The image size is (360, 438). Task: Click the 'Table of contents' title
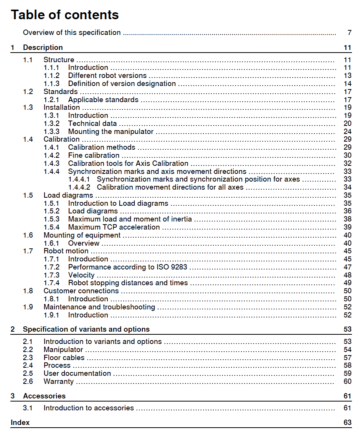click(x=65, y=15)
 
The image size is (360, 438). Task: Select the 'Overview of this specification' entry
click(x=72, y=33)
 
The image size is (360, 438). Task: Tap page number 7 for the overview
click(x=349, y=33)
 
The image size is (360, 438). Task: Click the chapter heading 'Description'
click(x=43, y=48)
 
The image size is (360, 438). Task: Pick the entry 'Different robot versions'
click(x=107, y=76)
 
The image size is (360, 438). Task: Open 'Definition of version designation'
click(x=122, y=84)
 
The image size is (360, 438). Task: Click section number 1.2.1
click(x=51, y=100)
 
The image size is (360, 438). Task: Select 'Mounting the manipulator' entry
click(x=111, y=132)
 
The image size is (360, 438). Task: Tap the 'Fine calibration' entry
click(x=94, y=155)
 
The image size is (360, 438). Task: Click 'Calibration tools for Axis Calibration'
click(x=128, y=164)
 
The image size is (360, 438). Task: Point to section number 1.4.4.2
click(x=79, y=187)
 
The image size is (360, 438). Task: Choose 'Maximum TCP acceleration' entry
click(x=114, y=227)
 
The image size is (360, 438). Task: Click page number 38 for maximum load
click(x=347, y=219)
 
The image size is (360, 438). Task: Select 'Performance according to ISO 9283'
click(x=127, y=267)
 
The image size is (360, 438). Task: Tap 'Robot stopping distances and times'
click(x=128, y=283)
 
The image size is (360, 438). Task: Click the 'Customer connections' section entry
click(x=81, y=291)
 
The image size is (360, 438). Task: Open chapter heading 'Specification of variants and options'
click(x=86, y=329)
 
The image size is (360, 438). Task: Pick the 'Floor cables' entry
click(x=64, y=358)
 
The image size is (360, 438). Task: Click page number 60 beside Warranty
click(x=347, y=382)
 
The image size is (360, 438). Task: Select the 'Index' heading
click(x=20, y=423)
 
